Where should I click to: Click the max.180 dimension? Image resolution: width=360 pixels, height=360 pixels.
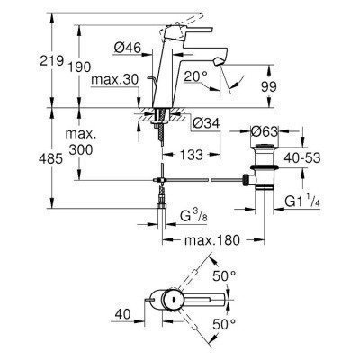pyautogui.click(x=214, y=241)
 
